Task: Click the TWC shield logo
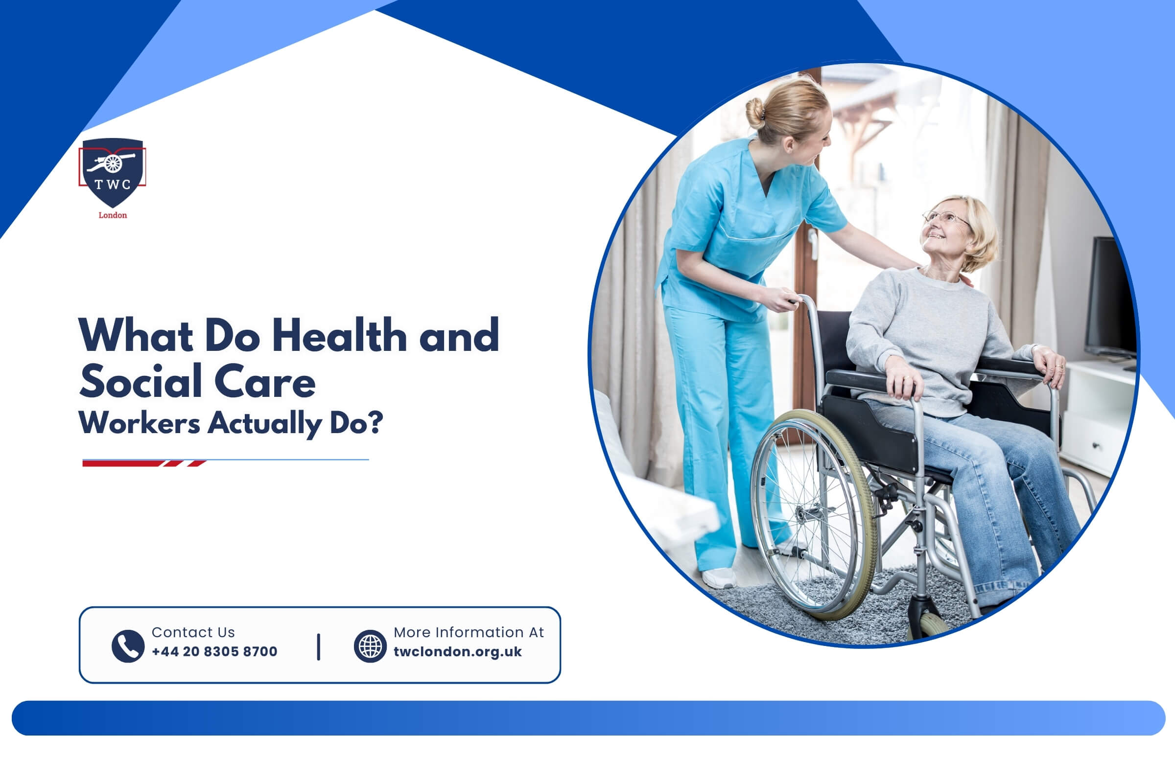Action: click(x=113, y=172)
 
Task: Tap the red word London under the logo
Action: click(x=113, y=215)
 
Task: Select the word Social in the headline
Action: click(x=141, y=381)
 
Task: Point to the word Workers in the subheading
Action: click(x=140, y=423)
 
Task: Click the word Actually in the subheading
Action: click(x=265, y=424)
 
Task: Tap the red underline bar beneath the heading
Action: click(x=144, y=463)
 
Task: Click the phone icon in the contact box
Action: click(x=128, y=646)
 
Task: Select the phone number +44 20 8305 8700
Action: click(x=214, y=652)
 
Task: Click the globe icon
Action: click(x=370, y=646)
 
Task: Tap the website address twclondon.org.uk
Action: click(x=458, y=652)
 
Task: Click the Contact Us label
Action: click(x=193, y=632)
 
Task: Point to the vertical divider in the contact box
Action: click(x=319, y=646)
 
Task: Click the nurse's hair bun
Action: click(x=755, y=113)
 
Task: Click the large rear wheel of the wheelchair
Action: click(x=814, y=515)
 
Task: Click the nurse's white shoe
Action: click(x=719, y=578)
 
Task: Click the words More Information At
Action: click(x=469, y=632)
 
